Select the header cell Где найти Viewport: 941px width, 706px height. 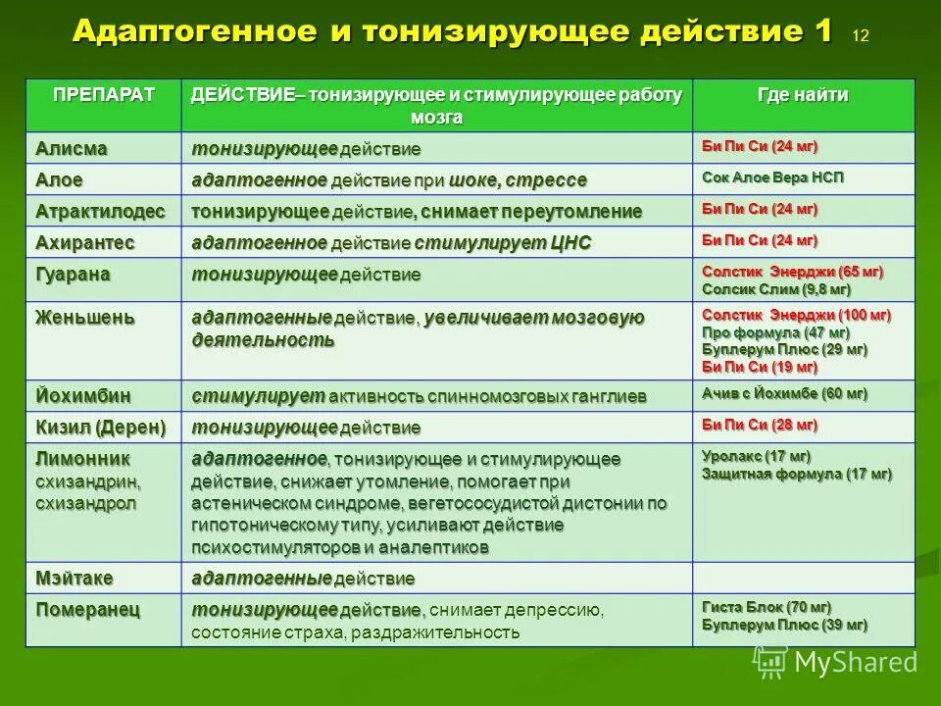(x=803, y=95)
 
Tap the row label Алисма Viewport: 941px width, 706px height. (x=72, y=148)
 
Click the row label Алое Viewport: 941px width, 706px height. (x=60, y=179)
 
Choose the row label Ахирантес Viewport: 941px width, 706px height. (x=84, y=242)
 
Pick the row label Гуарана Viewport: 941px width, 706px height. (x=74, y=274)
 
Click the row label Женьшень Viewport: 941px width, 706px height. (x=85, y=318)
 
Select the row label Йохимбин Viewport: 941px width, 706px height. (x=83, y=395)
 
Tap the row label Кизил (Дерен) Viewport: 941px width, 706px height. (x=101, y=427)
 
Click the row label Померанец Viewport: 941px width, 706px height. (x=88, y=610)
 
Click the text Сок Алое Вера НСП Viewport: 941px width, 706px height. (x=772, y=177)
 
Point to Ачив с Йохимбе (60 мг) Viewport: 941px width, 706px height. (x=784, y=393)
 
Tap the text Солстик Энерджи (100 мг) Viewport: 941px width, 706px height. (x=796, y=315)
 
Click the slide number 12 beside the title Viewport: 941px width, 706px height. (x=861, y=37)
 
